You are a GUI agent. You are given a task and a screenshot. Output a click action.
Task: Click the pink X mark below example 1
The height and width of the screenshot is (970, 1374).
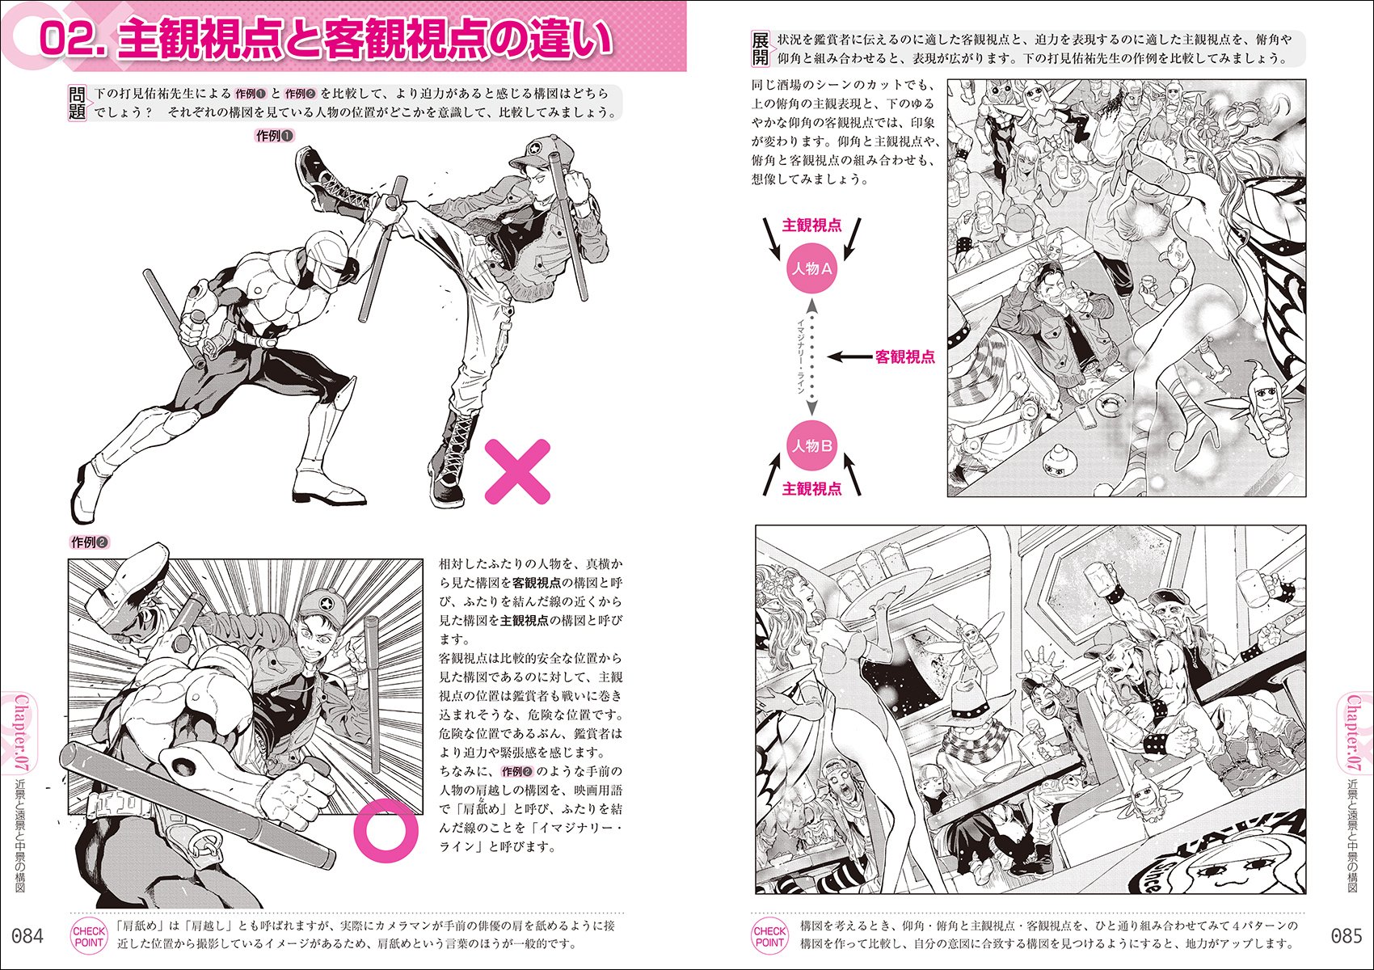(517, 471)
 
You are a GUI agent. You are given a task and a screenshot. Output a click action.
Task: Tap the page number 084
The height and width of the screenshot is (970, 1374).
(27, 936)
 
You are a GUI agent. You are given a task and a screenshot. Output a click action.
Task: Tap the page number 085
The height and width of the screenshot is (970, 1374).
(1346, 936)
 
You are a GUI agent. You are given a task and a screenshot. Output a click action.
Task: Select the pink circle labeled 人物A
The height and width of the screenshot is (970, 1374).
(811, 269)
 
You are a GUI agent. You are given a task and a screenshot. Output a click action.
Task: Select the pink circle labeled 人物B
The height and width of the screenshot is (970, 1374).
(811, 446)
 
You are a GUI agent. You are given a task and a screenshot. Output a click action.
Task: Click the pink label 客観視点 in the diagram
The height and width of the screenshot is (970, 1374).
(904, 356)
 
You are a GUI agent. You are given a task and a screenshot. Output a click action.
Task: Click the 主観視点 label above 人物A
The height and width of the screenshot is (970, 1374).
(811, 226)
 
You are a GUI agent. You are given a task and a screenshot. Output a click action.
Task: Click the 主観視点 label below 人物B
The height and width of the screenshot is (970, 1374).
(811, 489)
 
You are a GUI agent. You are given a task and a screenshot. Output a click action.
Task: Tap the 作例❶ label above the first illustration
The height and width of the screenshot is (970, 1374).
(274, 136)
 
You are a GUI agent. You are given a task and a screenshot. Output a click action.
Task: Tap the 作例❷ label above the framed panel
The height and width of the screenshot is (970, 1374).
(90, 542)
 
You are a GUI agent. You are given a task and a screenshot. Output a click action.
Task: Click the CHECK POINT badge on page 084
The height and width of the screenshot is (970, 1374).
(89, 936)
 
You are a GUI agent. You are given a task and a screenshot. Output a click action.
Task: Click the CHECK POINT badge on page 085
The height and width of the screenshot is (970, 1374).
(769, 936)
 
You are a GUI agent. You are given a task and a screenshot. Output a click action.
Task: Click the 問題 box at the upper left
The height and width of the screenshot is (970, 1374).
(77, 103)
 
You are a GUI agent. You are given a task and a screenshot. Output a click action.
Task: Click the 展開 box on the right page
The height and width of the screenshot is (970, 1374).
(761, 48)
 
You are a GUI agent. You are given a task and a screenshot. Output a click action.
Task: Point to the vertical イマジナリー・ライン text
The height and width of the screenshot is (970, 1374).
(800, 356)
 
